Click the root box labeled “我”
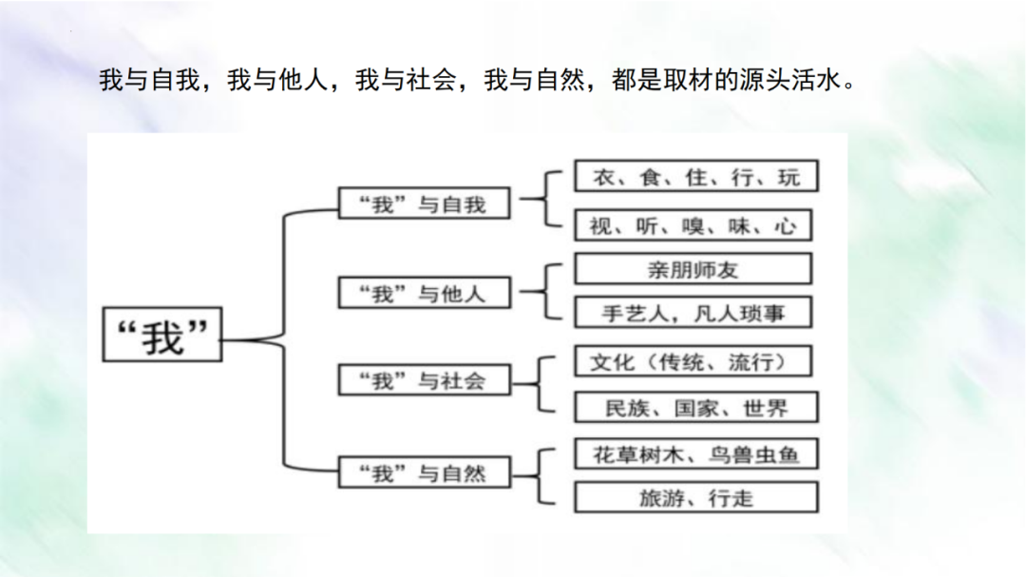[162, 335]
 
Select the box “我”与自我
[424, 202]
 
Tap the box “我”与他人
[424, 293]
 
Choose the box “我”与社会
[424, 380]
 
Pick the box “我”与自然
[424, 471]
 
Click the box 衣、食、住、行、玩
[694, 176]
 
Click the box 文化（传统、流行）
[694, 361]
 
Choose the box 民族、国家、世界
[695, 408]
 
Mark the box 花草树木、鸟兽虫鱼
[695, 453]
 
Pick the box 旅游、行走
[695, 497]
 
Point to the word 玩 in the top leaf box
[788, 176]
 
